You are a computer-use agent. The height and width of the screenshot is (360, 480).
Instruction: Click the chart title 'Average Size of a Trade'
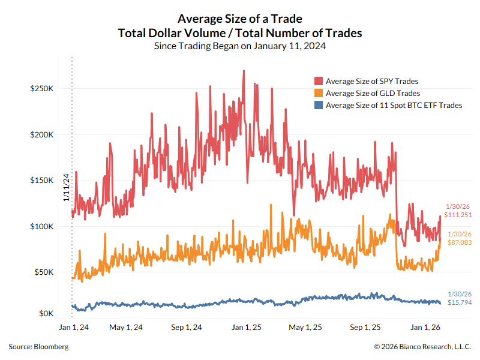[x=239, y=19]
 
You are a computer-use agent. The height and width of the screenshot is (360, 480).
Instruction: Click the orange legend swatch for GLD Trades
[x=319, y=93]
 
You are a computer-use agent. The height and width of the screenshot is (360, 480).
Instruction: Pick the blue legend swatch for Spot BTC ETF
[x=319, y=105]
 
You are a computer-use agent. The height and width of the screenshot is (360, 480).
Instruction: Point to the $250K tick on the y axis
[x=42, y=88]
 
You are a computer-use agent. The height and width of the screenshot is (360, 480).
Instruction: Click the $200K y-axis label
[x=42, y=134]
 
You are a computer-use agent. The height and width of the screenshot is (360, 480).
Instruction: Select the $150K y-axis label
[x=42, y=181]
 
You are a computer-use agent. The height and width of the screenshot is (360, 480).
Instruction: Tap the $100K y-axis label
[x=42, y=226]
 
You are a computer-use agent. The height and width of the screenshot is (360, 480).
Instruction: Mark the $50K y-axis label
[x=44, y=272]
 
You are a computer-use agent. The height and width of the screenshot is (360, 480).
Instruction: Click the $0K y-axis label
[x=46, y=314]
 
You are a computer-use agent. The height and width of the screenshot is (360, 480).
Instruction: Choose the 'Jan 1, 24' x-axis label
[x=74, y=328]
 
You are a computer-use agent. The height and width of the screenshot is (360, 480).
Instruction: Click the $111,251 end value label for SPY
[x=458, y=214]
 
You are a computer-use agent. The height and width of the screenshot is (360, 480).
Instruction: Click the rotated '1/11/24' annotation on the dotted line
[x=67, y=187]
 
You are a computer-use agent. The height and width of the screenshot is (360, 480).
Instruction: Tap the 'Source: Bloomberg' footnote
[x=38, y=347]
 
